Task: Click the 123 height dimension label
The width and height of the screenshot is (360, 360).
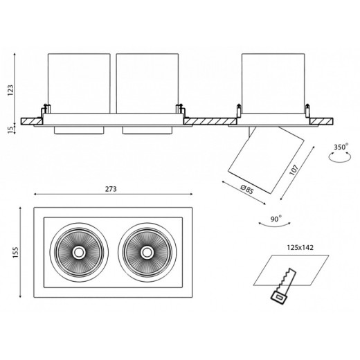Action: pos(10,90)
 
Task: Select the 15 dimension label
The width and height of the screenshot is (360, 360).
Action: pos(10,129)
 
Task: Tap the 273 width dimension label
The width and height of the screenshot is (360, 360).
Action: pos(111,189)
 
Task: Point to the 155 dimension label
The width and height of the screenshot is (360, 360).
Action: pos(15,252)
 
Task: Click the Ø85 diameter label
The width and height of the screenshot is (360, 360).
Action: pos(247,190)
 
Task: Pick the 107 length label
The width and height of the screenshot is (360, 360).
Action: pos(294,170)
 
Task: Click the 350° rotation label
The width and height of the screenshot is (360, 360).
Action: pos(341,147)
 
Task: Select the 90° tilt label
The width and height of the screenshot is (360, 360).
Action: pos(276,219)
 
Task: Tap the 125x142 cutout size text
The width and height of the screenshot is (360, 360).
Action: pos(300,248)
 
